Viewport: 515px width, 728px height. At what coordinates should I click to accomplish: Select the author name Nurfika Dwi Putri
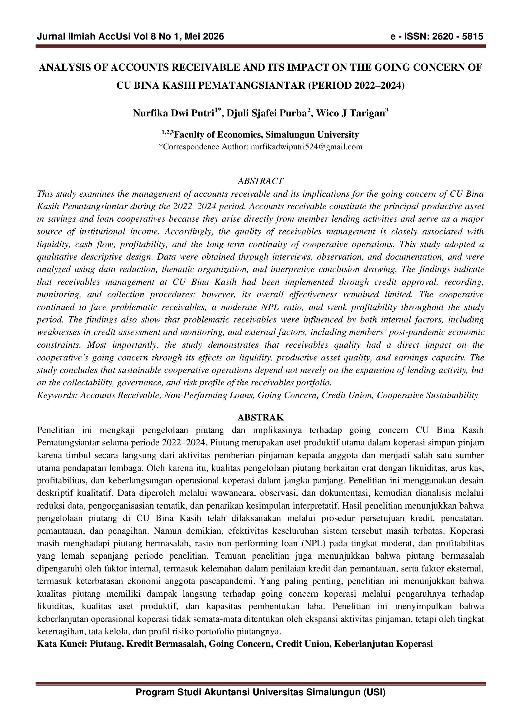click(173, 113)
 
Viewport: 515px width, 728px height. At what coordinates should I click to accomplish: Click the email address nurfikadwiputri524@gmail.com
click(306, 147)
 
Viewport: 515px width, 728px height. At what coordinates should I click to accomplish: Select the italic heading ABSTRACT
click(260, 181)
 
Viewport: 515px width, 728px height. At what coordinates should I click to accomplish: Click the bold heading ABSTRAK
click(260, 417)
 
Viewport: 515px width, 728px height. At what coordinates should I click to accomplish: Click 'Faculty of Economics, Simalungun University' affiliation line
click(267, 135)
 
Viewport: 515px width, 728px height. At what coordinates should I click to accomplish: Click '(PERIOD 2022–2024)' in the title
click(356, 86)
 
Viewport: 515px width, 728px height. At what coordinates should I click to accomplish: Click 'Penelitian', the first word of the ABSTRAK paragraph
click(56, 430)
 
